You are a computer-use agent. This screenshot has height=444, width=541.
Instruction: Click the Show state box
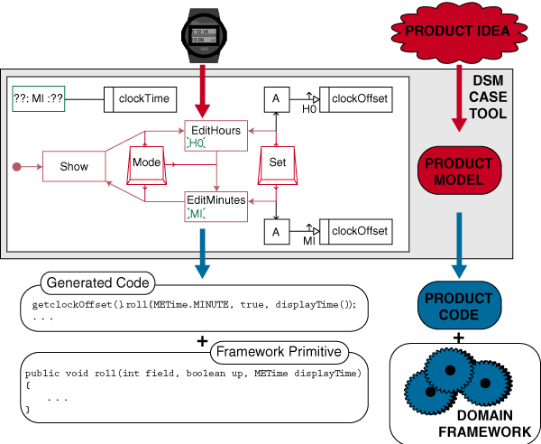pos(74,167)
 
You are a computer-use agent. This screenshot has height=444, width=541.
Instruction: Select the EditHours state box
pos(215,136)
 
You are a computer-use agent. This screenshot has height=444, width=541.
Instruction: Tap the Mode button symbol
pos(146,162)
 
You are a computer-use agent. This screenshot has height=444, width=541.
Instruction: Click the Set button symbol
pos(278,162)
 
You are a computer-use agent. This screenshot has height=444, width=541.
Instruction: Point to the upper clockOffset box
pos(360,98)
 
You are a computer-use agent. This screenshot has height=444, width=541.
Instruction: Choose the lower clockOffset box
pos(360,232)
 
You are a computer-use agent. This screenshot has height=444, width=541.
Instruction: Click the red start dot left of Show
pos(16,167)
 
